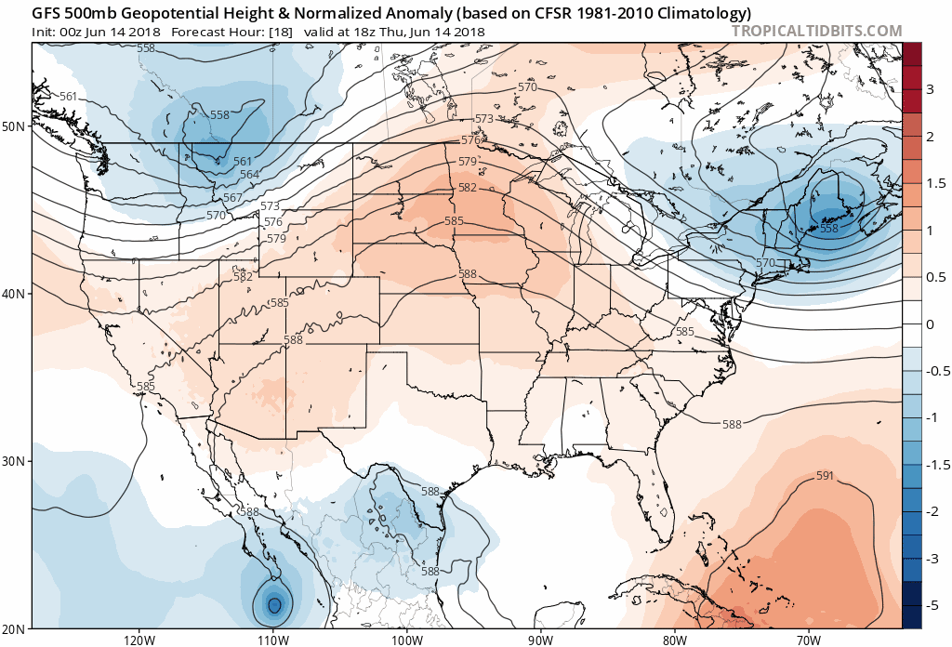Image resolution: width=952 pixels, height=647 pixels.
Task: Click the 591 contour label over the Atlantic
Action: coord(825,476)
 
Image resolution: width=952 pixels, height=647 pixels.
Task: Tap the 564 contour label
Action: coord(249,175)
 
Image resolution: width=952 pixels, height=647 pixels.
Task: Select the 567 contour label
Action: coord(232,198)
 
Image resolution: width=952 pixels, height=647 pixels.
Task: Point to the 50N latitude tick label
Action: coord(15,125)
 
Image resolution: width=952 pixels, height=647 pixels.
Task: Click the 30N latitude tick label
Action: coord(15,461)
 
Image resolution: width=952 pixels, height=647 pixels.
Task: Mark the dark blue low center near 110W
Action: coord(274,604)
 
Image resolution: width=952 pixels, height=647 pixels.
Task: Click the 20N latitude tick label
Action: coord(15,628)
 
